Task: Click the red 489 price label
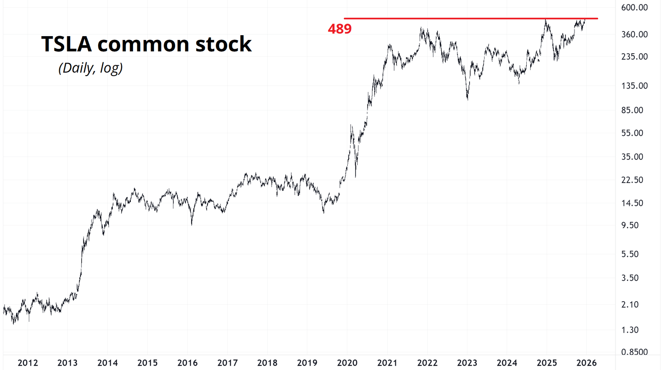[340, 29]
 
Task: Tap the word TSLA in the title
[66, 44]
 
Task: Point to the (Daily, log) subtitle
[90, 68]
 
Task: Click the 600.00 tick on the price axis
[634, 8]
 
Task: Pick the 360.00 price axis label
[634, 34]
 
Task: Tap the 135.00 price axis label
[634, 86]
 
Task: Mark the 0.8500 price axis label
[634, 352]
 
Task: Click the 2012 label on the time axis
[28, 363]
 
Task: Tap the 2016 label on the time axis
[187, 363]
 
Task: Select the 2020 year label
[347, 363]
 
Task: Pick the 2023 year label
[467, 363]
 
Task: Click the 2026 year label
[587, 363]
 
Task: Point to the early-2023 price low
[467, 99]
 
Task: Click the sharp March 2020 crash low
[355, 176]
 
